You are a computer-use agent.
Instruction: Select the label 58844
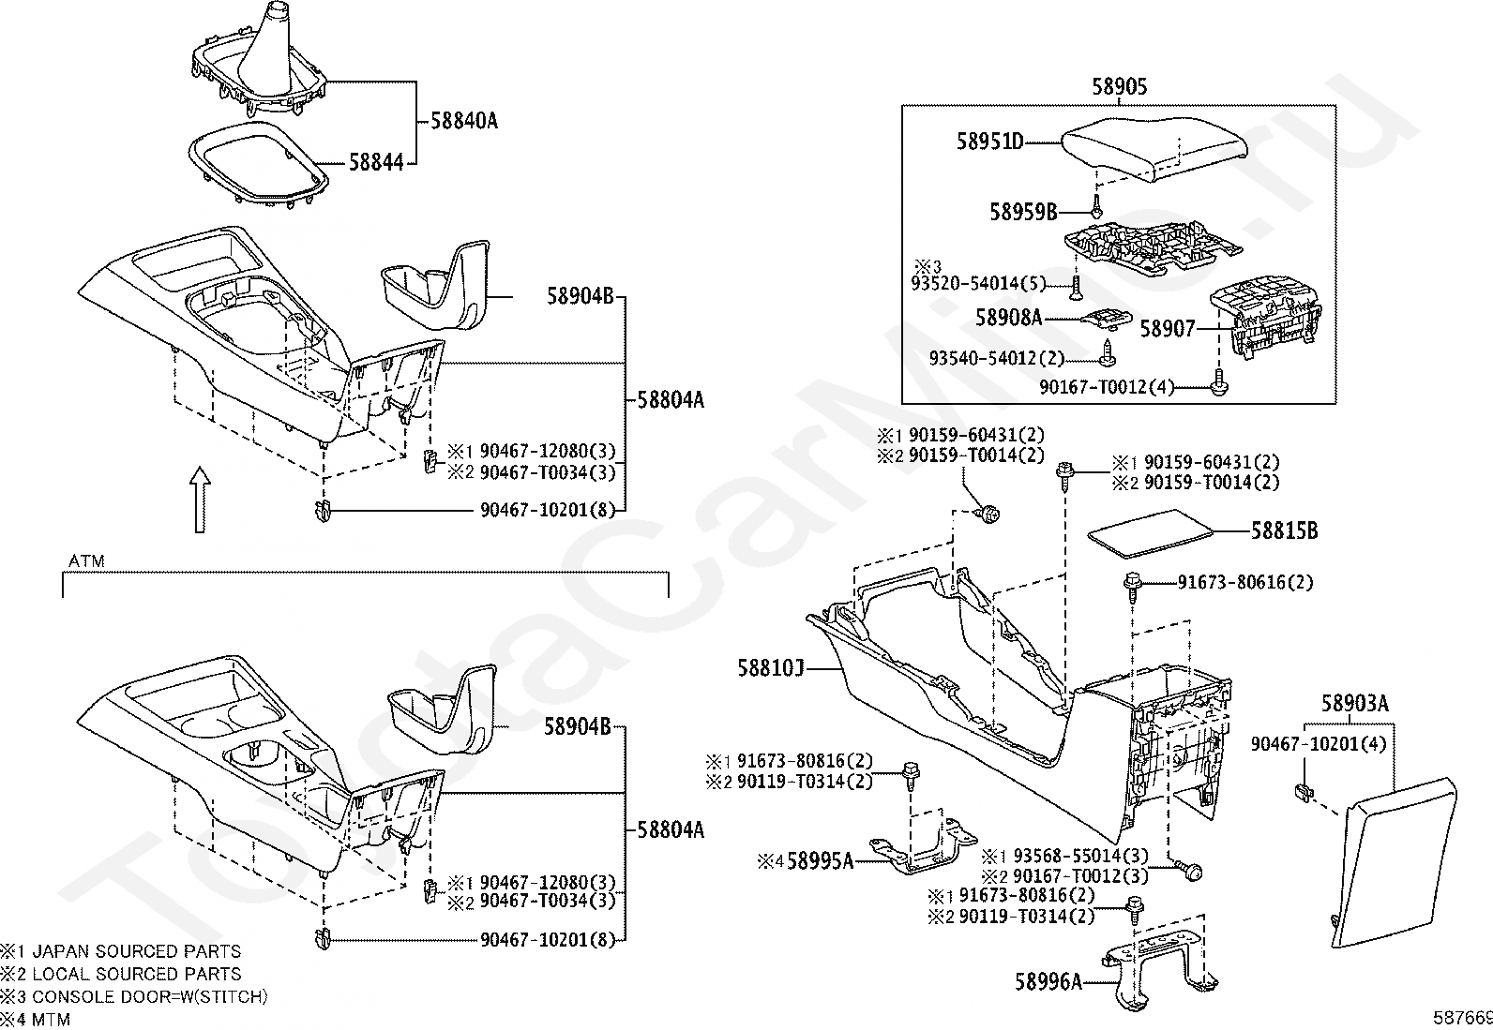(375, 162)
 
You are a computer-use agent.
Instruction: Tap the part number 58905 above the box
(1119, 87)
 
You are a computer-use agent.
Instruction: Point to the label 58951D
(989, 142)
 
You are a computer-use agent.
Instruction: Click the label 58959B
(1023, 212)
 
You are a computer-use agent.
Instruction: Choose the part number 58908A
(1009, 318)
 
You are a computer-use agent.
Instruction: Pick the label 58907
(1168, 329)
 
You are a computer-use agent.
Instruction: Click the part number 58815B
(1284, 530)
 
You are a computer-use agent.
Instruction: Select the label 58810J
(771, 668)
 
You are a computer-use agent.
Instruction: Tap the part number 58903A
(1355, 703)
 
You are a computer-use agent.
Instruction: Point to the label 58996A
(1048, 982)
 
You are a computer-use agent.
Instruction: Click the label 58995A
(820, 859)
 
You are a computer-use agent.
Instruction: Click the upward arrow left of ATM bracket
(199, 500)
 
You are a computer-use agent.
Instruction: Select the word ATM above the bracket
(86, 561)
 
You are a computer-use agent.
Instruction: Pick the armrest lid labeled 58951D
(1144, 145)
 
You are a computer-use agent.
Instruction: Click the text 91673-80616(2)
(1245, 583)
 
